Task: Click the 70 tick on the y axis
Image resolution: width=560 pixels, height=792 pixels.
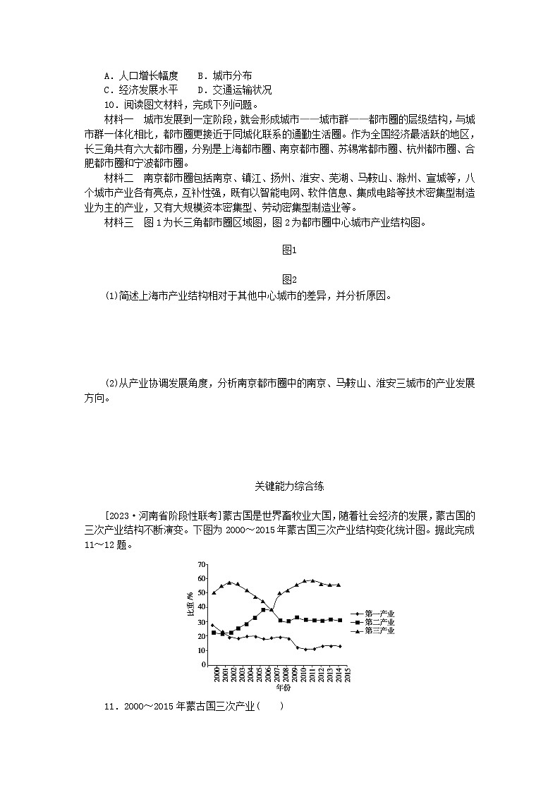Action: point(202,564)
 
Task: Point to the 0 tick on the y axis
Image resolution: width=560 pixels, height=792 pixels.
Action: point(203,664)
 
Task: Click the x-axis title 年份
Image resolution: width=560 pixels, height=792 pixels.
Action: point(283,687)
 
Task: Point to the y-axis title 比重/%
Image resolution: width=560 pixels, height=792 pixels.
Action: point(190,607)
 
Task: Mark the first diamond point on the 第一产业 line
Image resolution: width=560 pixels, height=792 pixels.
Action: point(213,625)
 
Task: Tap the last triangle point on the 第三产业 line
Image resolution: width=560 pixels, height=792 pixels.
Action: point(339,585)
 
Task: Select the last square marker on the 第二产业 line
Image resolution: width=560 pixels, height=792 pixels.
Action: point(339,620)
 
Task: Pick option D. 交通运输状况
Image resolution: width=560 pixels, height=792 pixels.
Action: point(234,90)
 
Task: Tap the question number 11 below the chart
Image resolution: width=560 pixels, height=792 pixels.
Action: point(109,707)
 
